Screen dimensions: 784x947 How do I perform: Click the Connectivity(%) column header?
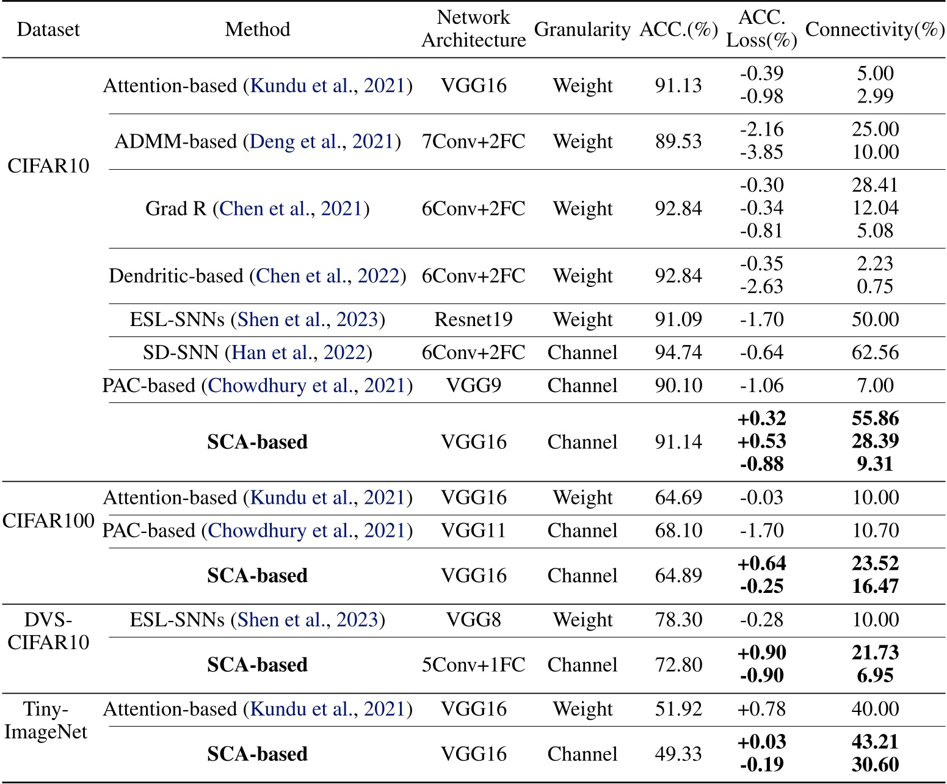(875, 29)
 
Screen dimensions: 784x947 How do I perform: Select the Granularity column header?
(582, 29)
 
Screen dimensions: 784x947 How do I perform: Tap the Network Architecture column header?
(473, 29)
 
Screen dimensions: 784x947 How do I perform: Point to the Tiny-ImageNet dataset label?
(46, 720)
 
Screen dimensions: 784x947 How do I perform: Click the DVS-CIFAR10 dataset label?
(48, 631)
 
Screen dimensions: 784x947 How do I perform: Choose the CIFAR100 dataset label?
(48, 520)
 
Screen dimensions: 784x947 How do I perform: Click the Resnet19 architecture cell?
(473, 319)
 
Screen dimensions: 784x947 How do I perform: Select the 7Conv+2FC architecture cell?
(473, 141)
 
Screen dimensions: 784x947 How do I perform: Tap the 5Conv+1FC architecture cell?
(473, 664)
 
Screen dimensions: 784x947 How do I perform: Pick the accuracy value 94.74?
(678, 352)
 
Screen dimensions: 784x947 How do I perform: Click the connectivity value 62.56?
(875, 352)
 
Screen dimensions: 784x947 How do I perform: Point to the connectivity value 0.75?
(875, 286)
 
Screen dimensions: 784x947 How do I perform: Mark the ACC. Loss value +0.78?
(761, 709)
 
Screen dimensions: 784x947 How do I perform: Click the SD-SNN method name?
(181, 352)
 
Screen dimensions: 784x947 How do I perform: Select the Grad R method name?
(176, 208)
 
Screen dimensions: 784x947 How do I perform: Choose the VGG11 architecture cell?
(473, 531)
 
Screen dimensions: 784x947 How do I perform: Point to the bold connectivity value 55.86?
(875, 418)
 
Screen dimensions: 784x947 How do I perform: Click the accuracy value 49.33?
(678, 753)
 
